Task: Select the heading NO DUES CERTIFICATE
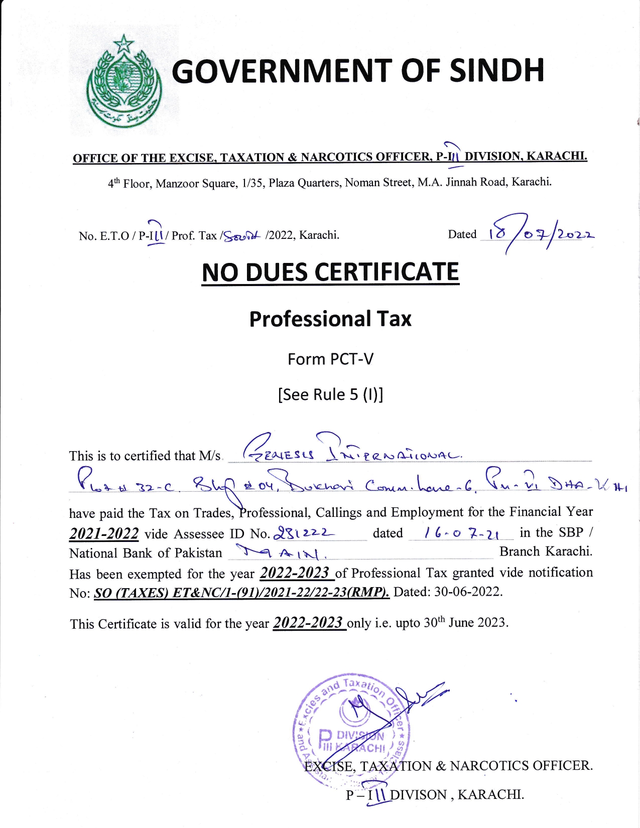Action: point(330,272)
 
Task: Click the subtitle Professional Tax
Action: point(330,319)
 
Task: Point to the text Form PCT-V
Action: point(330,359)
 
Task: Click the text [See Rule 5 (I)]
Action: point(330,394)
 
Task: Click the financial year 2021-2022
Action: point(104,533)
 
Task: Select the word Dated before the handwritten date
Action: point(462,234)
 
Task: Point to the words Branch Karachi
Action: point(546,551)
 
